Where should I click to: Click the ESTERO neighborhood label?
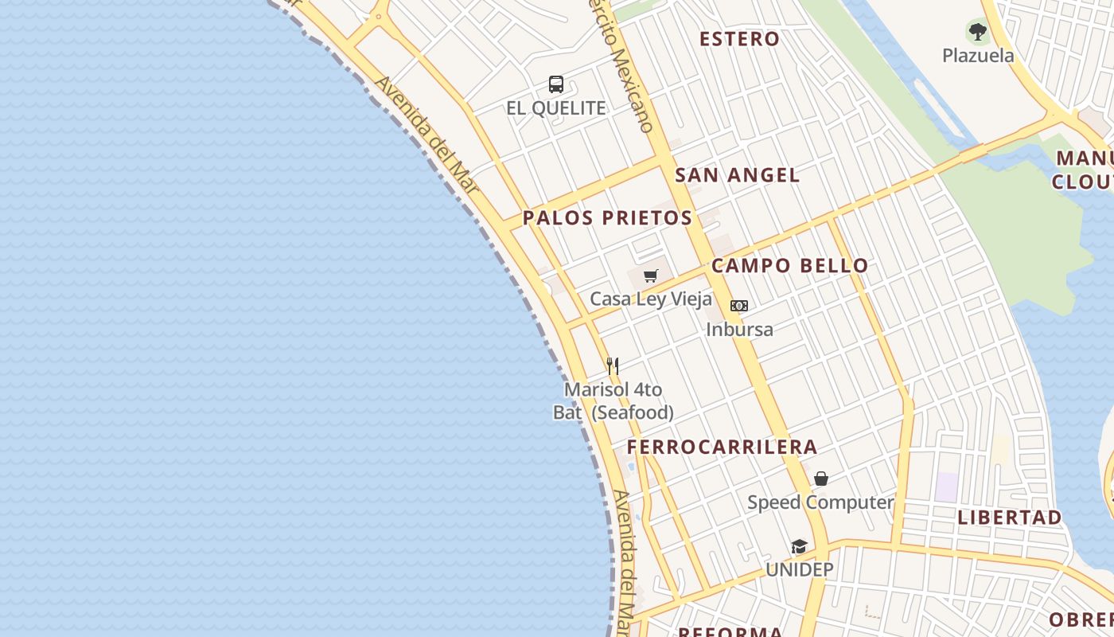(x=739, y=39)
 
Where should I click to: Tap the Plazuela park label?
(x=978, y=56)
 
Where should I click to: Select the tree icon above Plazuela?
(x=978, y=33)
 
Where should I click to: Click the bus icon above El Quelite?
(x=556, y=84)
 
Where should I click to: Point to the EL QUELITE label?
(x=556, y=108)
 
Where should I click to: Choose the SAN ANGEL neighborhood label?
(x=737, y=175)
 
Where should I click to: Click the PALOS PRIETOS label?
(x=607, y=218)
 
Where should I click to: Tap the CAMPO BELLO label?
(x=789, y=266)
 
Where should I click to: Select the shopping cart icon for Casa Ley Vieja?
(x=651, y=276)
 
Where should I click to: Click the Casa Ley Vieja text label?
(x=651, y=299)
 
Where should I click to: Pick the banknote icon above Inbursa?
(x=739, y=306)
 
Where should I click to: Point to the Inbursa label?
(x=739, y=329)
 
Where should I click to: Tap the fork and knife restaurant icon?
(x=613, y=366)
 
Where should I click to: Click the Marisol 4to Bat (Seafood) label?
(x=613, y=401)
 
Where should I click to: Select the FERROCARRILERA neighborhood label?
(x=722, y=447)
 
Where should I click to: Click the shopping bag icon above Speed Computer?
(x=821, y=479)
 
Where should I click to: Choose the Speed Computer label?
(x=820, y=502)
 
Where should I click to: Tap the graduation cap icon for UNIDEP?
(x=799, y=546)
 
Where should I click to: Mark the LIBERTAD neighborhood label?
(x=1009, y=518)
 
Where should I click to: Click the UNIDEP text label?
(x=799, y=570)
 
